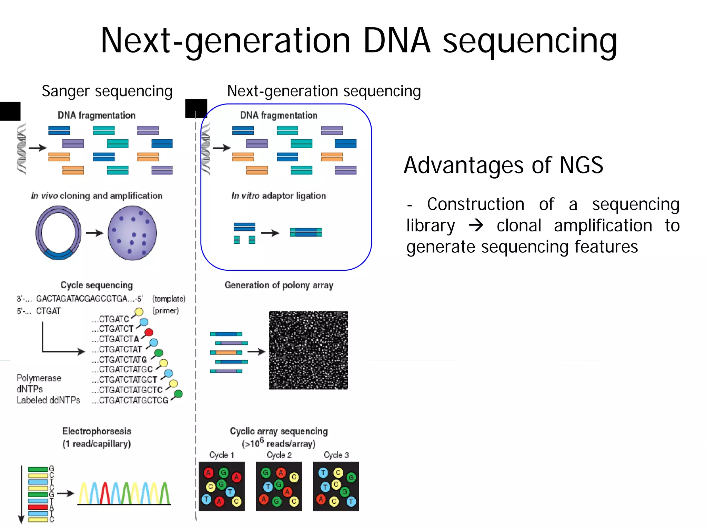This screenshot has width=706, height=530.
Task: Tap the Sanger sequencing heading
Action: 107,91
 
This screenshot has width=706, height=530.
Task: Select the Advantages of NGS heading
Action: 503,165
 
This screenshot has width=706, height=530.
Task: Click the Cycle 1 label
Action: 222,455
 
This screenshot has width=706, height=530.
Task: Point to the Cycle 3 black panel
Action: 336,486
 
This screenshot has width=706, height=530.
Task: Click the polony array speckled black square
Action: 308,350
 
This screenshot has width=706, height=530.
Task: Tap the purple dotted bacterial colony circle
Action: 132,233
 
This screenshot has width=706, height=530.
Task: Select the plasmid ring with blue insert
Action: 58,233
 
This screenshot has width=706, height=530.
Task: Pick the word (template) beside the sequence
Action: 169,299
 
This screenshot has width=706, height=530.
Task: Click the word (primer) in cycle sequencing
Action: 165,311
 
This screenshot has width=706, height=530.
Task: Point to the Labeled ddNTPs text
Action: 48,400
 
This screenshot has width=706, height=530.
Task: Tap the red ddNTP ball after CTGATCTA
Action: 149,332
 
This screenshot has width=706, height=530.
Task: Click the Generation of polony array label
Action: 279,285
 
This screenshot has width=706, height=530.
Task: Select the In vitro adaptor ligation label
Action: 279,196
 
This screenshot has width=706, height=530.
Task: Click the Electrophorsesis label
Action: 97,431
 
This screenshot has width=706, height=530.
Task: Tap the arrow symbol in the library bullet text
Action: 476,226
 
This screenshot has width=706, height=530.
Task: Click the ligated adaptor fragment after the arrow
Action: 306,232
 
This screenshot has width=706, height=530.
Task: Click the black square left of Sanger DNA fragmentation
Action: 10,111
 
